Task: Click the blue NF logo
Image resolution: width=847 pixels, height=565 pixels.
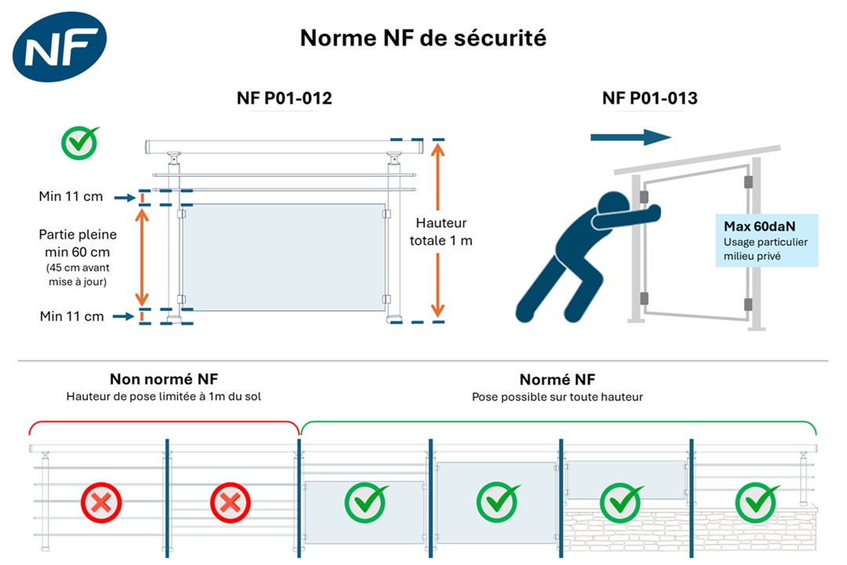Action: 59,47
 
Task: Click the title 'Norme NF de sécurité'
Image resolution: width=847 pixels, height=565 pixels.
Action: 423,38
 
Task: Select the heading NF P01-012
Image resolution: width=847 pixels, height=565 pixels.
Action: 284,98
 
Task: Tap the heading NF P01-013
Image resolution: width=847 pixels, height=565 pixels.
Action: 649,98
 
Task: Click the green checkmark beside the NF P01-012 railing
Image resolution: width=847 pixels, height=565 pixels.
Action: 80,142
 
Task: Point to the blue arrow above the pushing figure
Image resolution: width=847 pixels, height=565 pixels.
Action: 631,137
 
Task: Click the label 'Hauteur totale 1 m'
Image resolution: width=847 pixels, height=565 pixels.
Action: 441,231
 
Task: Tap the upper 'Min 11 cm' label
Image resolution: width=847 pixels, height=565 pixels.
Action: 71,196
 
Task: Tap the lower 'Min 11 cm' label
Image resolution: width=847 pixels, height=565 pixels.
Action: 71,316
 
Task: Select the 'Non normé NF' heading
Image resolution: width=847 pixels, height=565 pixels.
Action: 163,380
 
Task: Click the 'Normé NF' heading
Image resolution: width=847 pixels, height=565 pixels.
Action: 557,380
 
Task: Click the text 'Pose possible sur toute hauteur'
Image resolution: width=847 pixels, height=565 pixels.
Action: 557,397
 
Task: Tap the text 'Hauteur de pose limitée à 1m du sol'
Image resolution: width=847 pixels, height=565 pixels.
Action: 163,397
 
